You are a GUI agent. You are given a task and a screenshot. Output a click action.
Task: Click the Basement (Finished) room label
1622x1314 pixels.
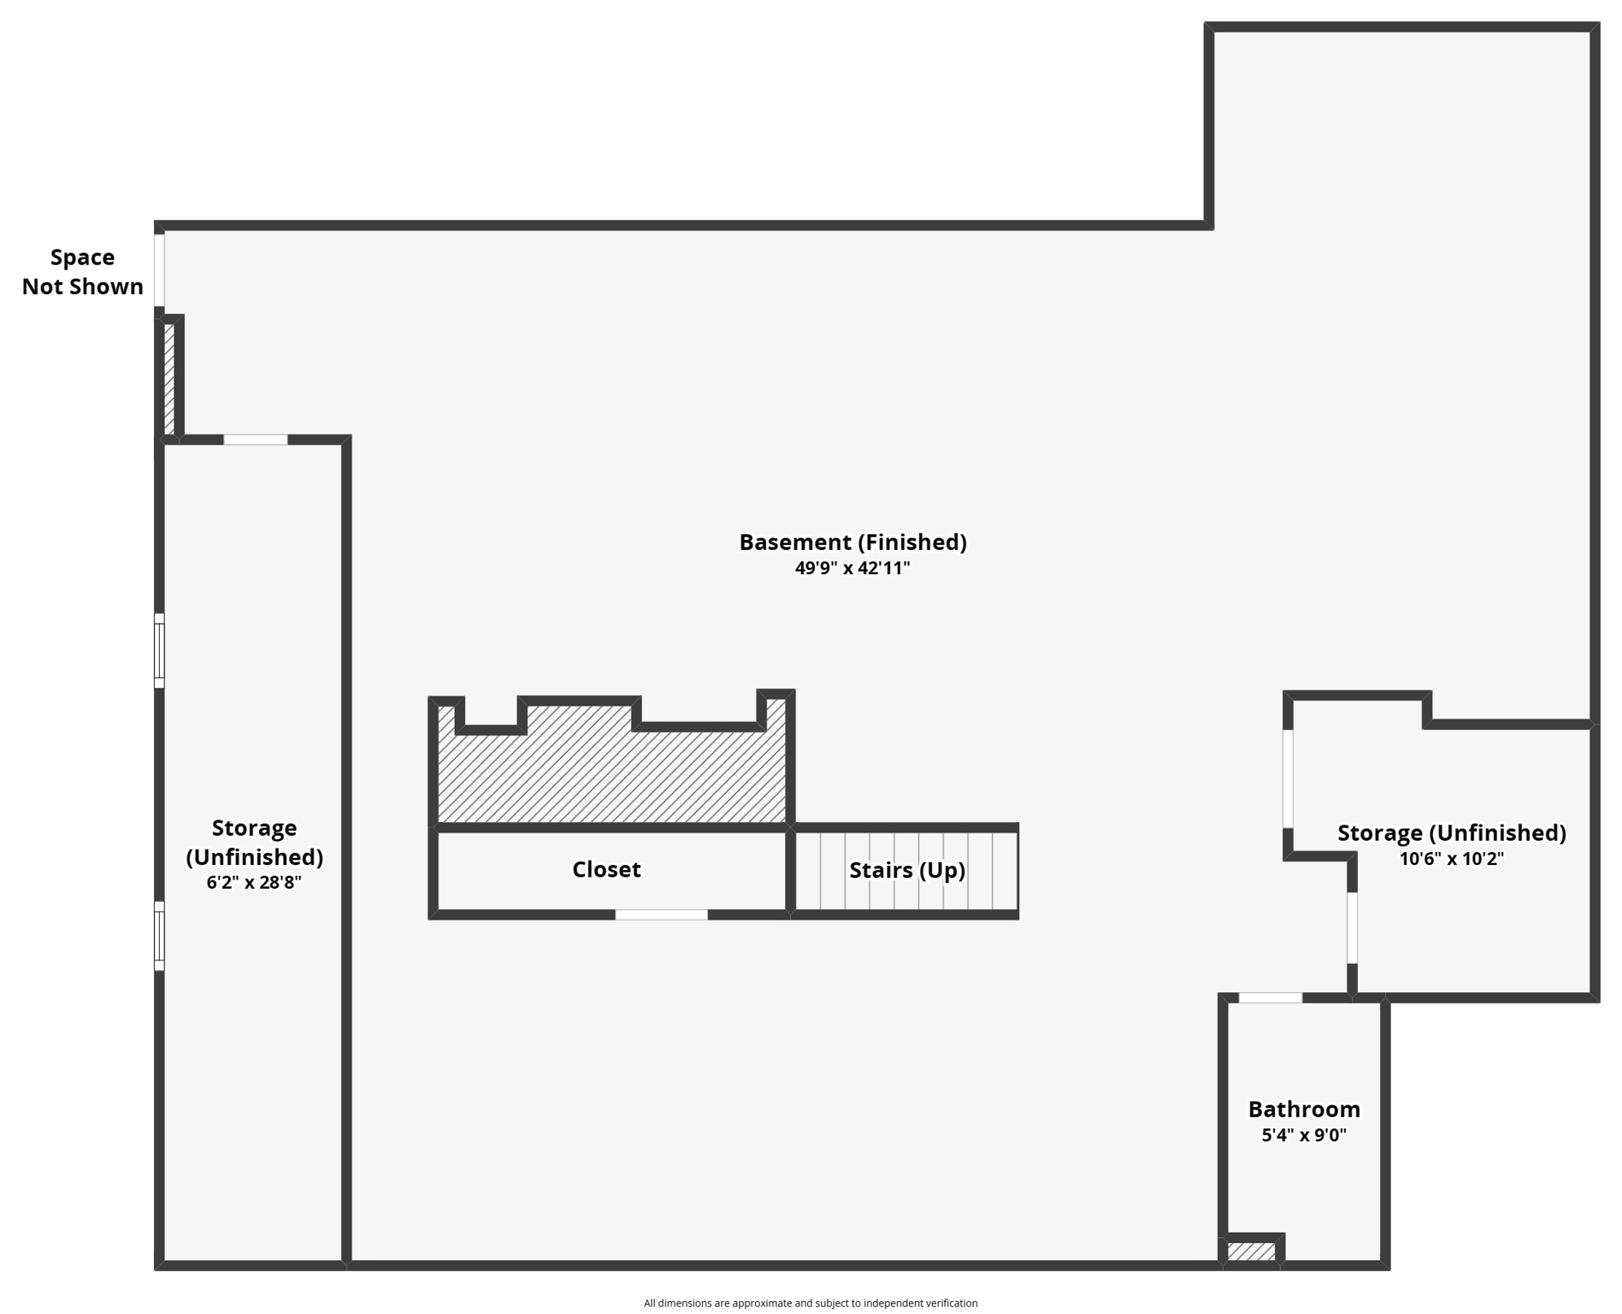pyautogui.click(x=852, y=542)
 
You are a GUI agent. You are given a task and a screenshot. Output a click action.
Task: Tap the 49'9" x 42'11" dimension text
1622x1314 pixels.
pyautogui.click(x=852, y=568)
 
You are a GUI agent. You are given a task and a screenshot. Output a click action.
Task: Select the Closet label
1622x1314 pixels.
pyautogui.click(x=606, y=869)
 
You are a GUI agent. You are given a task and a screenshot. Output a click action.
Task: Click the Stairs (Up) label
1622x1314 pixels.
pyautogui.click(x=906, y=870)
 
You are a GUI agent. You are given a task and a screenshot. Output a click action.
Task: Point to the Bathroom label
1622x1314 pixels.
pyautogui.click(x=1303, y=1110)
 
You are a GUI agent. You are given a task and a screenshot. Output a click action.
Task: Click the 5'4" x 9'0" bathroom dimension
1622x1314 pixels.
pyautogui.click(x=1303, y=1135)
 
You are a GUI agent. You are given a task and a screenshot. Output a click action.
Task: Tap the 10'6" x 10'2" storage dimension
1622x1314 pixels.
pyautogui.click(x=1451, y=858)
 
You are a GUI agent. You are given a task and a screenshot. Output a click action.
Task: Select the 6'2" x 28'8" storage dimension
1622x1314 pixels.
pyautogui.click(x=254, y=882)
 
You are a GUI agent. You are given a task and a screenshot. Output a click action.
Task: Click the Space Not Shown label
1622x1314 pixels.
pyautogui.click(x=82, y=272)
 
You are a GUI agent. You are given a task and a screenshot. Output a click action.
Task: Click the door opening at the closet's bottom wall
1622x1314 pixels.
pyautogui.click(x=661, y=914)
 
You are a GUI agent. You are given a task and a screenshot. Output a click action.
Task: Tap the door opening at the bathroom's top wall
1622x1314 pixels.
pyautogui.click(x=1270, y=997)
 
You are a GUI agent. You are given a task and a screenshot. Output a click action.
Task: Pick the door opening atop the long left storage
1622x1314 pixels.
pyautogui.click(x=256, y=440)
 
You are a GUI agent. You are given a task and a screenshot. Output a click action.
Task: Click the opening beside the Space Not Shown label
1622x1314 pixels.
pyautogui.click(x=159, y=269)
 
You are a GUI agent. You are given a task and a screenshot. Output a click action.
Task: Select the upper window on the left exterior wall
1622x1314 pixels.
pyautogui.click(x=159, y=650)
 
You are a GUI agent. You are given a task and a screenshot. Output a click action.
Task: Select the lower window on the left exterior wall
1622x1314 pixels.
pyautogui.click(x=159, y=936)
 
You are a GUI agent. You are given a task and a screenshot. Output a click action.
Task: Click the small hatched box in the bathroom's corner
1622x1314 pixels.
pyautogui.click(x=1251, y=1252)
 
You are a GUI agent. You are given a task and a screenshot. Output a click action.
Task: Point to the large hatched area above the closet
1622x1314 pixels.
pyautogui.click(x=611, y=770)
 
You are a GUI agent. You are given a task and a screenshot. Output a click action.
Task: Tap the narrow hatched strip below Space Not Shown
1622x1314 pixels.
pyautogui.click(x=169, y=379)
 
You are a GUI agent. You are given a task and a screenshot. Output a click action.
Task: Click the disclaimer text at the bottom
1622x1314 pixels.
pyautogui.click(x=810, y=1303)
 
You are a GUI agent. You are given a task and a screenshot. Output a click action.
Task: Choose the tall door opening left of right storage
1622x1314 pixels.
pyautogui.click(x=1288, y=778)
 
